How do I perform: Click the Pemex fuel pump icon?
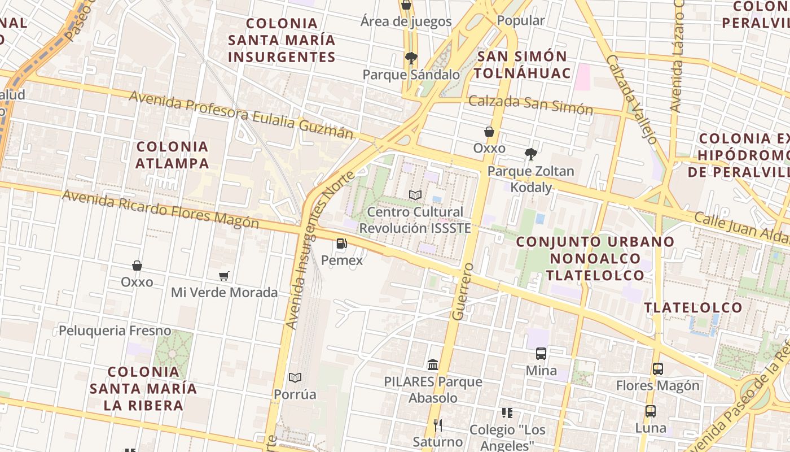[341, 244]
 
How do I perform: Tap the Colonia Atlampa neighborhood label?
[173, 155]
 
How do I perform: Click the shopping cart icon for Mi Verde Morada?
[224, 276]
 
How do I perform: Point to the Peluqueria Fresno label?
[115, 331]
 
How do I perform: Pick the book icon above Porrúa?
[295, 377]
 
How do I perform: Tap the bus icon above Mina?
[541, 354]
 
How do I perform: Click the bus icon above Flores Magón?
[657, 368]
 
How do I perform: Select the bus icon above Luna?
[651, 411]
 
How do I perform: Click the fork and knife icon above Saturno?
[437, 424]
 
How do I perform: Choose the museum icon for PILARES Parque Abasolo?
[433, 364]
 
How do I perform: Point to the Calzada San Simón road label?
[531, 105]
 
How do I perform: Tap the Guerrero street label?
[462, 291]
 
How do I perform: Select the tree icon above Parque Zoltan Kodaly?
[530, 154]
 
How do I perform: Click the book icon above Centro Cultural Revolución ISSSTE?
[415, 195]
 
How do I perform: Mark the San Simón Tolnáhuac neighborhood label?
[523, 64]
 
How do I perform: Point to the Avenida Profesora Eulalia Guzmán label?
[242, 115]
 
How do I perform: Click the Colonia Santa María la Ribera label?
[143, 389]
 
